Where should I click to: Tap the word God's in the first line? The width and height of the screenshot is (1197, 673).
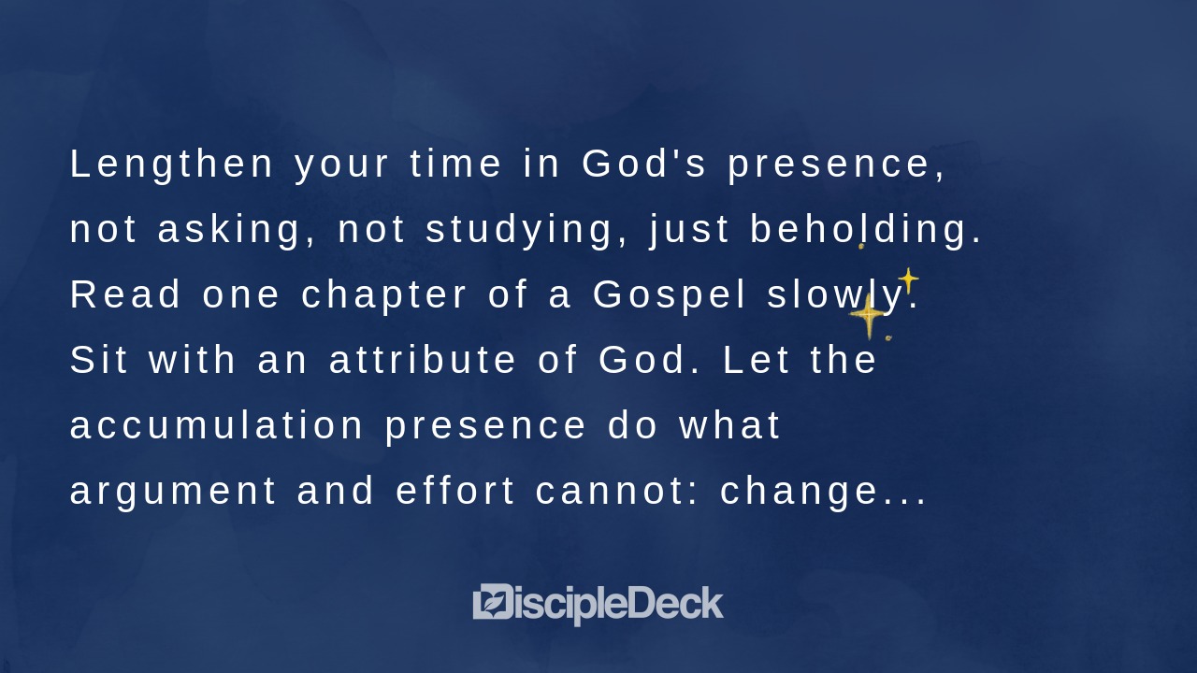pos(645,164)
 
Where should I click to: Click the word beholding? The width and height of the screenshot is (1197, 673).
pos(866,230)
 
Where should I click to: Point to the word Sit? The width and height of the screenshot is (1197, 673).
pos(99,361)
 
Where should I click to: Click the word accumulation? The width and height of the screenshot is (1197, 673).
pos(217,426)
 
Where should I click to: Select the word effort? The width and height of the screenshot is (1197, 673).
pos(456,492)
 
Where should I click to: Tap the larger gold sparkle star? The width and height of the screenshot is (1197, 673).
pos(869,316)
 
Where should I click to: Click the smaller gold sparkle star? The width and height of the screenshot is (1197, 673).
pos(907,280)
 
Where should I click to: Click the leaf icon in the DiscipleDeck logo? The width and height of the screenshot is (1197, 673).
pos(492,602)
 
